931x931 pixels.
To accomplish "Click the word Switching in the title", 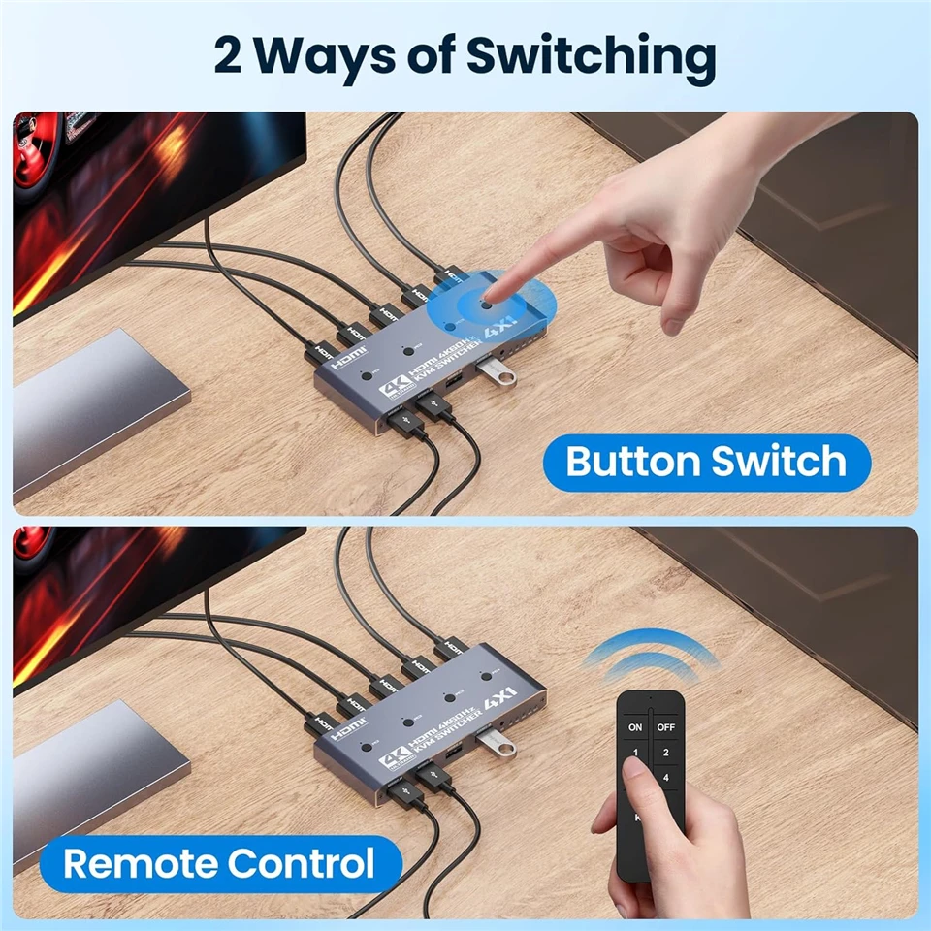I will [592, 57].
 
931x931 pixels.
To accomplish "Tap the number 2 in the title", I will [230, 55].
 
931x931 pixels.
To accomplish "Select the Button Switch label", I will [705, 462].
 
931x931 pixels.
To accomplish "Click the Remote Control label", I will [219, 862].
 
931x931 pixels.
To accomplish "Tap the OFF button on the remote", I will [665, 726].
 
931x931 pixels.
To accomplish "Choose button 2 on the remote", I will [665, 753].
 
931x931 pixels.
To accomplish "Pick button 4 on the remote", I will [665, 777].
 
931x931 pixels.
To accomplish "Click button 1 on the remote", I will [635, 753].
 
